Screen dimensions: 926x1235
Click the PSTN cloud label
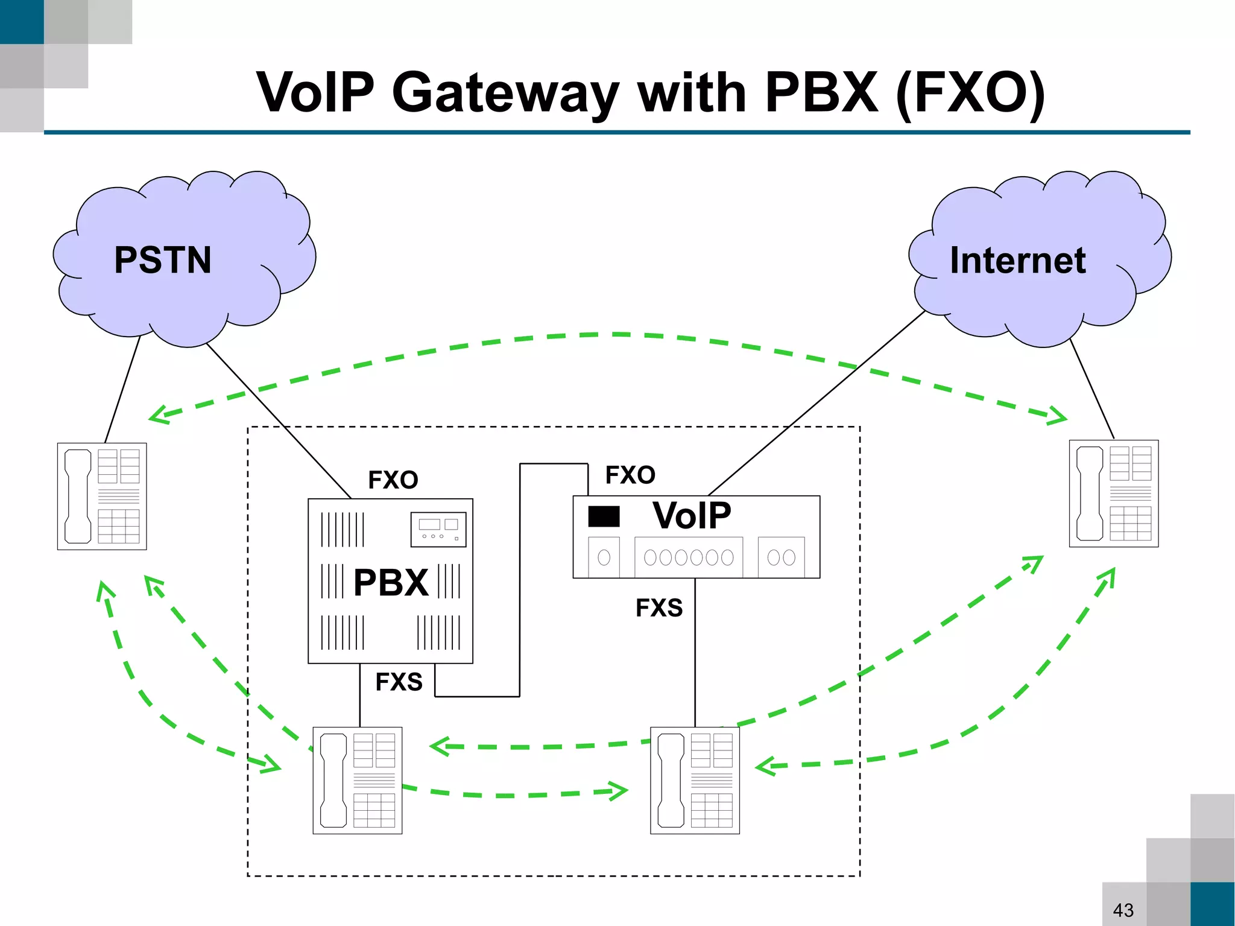163,260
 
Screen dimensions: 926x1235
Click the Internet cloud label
1017,260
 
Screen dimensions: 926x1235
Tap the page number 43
1123,910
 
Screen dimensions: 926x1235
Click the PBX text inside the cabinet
391,583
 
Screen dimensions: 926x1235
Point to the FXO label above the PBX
393,480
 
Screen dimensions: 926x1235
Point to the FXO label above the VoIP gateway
630,475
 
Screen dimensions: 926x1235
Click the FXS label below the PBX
399,682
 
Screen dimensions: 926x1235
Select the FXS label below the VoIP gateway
659,607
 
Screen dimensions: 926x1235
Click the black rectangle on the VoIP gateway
604,516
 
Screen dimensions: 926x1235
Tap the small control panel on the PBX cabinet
438,529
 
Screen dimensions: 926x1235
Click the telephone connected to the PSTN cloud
102,496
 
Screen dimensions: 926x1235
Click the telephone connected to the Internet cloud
1113,493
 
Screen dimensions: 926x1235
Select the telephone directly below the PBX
358,780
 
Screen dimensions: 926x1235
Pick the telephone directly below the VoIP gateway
695,780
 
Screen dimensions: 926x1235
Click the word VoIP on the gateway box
692,516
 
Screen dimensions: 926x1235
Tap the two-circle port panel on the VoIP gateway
781,557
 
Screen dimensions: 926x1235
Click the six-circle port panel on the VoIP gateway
688,557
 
